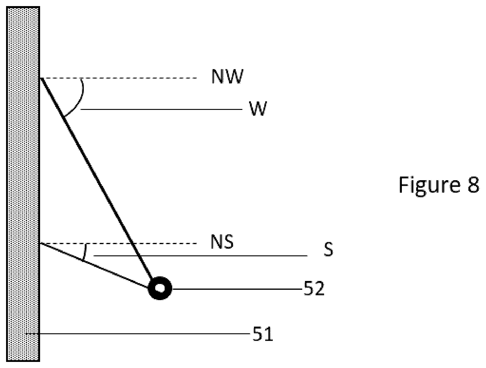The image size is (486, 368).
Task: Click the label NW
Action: coord(228,76)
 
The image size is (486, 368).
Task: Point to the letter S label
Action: coord(328,249)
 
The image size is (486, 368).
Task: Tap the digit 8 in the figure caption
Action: coord(473,185)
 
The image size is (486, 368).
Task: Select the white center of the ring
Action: coord(160,288)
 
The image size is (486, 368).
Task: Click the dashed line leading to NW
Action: coord(118,78)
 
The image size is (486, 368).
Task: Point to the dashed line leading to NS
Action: coord(118,244)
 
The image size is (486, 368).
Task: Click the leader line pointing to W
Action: coord(161,109)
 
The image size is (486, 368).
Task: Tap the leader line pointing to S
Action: coord(200,256)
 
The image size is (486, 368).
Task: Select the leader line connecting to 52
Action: coord(237,289)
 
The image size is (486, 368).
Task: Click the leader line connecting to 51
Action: coord(138,334)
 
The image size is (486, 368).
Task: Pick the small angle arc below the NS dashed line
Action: coord(85,252)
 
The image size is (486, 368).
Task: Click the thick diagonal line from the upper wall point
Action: coord(97,179)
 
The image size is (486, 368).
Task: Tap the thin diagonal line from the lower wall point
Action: coord(94,266)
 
